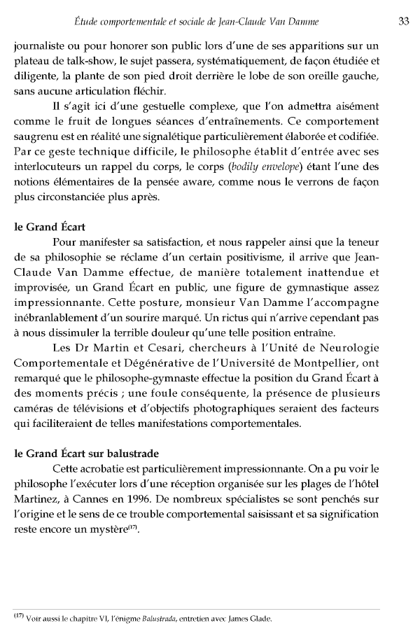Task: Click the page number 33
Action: (x=403, y=21)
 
